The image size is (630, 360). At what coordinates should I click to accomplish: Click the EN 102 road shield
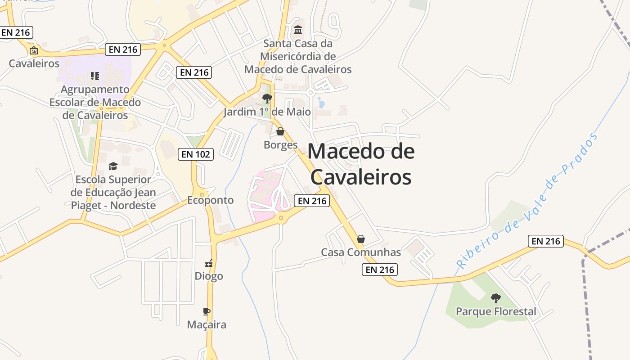point(196,154)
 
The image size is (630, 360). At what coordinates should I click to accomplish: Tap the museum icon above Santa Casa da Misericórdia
point(298,30)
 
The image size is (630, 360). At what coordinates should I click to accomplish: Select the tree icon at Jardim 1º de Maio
point(267,98)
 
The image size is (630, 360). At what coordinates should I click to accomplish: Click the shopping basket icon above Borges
point(280,131)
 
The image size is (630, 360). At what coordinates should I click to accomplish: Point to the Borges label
point(281,145)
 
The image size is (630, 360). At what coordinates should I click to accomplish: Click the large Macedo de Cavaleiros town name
point(361,164)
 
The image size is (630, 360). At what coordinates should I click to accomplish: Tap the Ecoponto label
point(211,200)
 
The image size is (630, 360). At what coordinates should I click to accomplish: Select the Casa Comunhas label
point(361,252)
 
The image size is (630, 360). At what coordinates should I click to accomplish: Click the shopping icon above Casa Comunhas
point(361,239)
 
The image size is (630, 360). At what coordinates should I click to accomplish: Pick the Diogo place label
point(209,276)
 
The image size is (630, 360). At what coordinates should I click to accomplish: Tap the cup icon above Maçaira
point(207,311)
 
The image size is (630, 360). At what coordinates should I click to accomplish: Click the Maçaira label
point(207,324)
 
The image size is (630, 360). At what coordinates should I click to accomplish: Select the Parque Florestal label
point(496,311)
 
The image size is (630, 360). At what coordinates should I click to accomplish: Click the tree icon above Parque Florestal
point(496,298)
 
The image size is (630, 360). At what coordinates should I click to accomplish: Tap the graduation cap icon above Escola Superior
point(113,166)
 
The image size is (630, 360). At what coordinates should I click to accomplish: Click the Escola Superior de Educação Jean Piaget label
point(113,193)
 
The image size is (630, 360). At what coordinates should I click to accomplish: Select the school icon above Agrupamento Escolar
point(94,76)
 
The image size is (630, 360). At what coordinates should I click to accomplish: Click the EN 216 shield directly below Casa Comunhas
point(380,270)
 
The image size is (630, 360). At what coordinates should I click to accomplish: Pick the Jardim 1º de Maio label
point(267,112)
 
